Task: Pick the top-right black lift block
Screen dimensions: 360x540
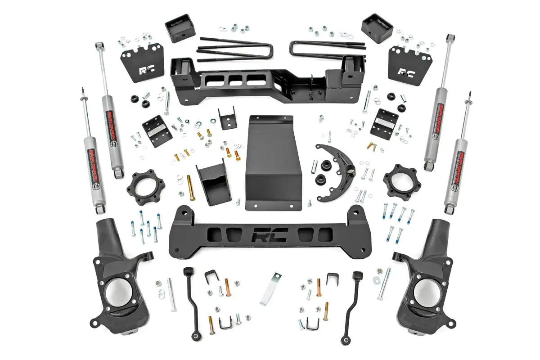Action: [377, 28]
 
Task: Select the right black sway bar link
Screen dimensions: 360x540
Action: [352, 301]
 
